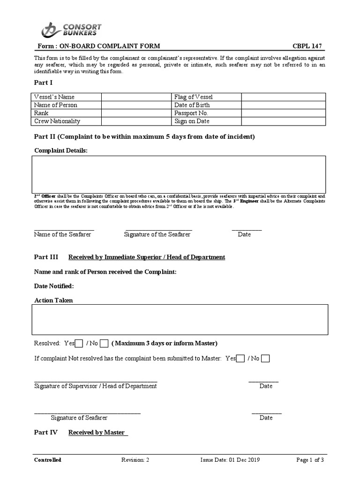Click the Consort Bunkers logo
(71, 30)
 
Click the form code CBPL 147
(307, 46)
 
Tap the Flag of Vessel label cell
(206, 97)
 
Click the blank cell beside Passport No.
(283, 113)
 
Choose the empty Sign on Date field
(283, 121)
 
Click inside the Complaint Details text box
(179, 174)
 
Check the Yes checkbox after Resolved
(80, 344)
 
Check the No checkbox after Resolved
(104, 344)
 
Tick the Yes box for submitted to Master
(240, 359)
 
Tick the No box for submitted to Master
(265, 359)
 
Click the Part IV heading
(46, 432)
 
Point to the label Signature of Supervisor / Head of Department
(96, 386)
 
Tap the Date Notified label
(54, 286)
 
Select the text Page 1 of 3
(310, 460)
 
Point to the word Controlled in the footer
(47, 460)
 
